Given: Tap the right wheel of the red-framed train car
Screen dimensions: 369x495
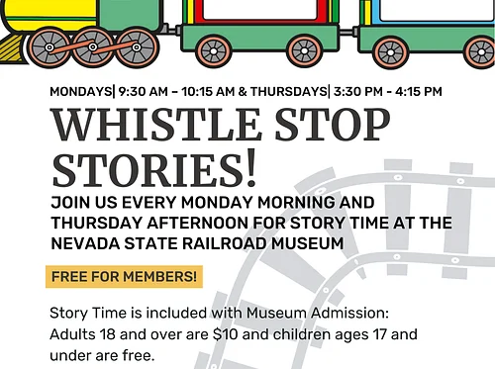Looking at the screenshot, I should pyautogui.click(x=305, y=49).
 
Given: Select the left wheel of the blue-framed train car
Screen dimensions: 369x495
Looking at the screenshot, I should pyautogui.click(x=391, y=49).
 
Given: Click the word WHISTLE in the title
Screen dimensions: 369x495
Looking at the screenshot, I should pyautogui.click(x=148, y=126).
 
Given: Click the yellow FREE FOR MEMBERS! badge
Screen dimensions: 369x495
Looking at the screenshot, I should pyautogui.click(x=124, y=276).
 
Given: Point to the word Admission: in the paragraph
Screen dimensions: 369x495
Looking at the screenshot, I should pyautogui.click(x=341, y=313).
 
